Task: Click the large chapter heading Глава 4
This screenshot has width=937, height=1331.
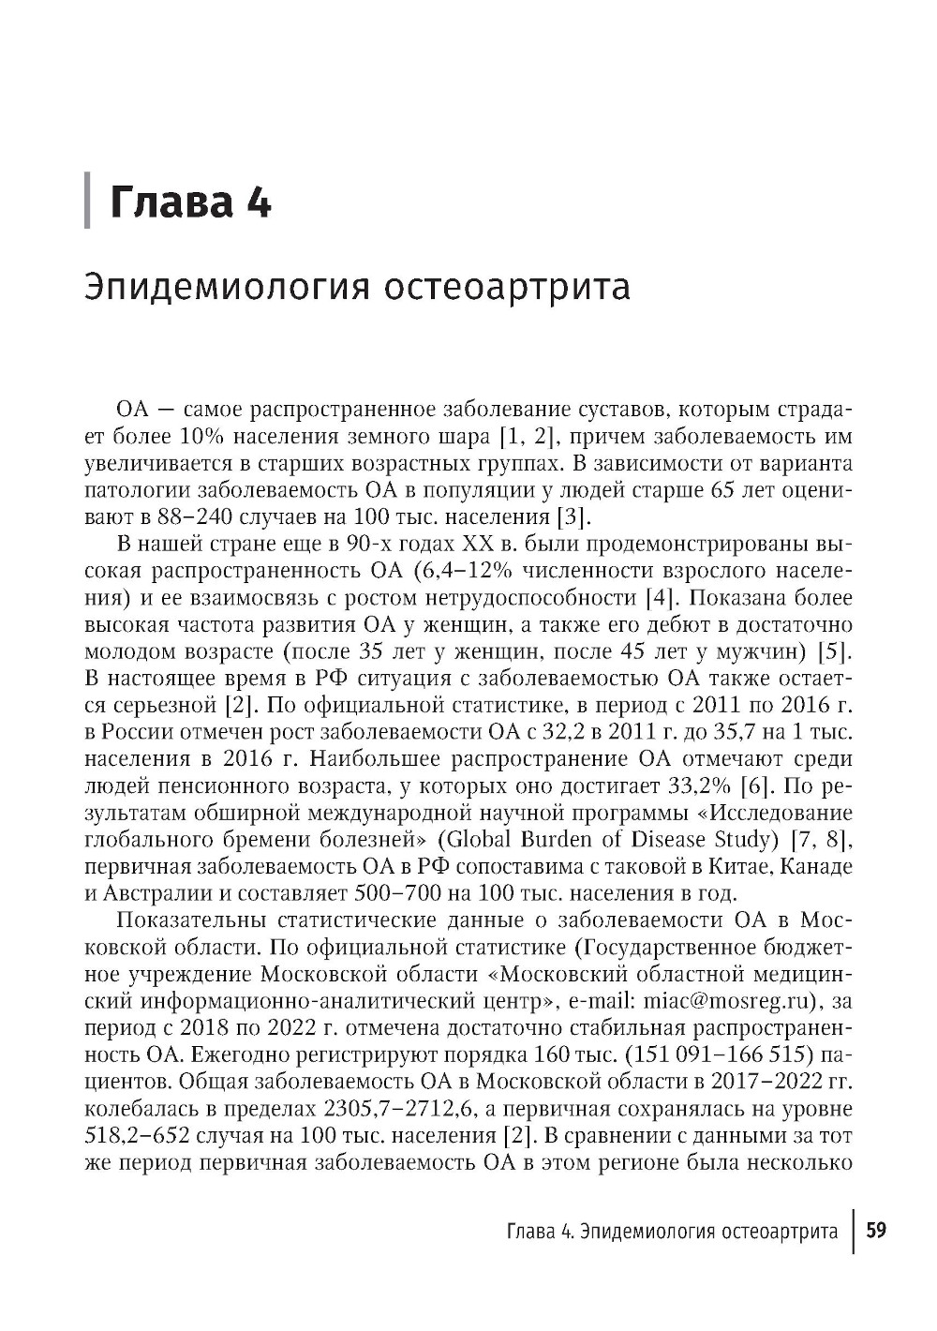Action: click(191, 202)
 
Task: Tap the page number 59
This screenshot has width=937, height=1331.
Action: click(875, 1230)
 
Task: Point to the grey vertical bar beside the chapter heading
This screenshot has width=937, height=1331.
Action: click(88, 201)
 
